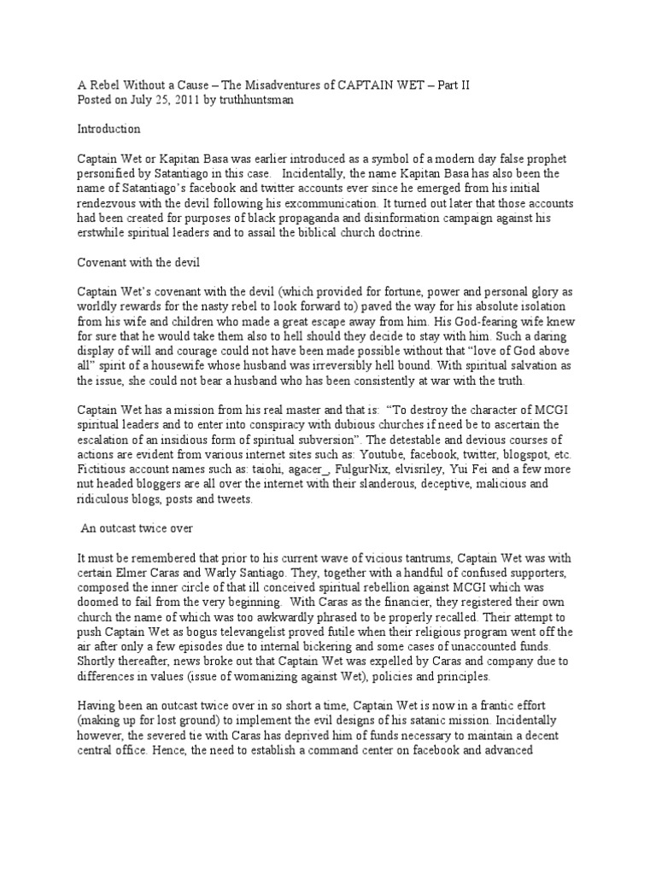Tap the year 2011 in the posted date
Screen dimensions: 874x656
(x=163, y=99)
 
